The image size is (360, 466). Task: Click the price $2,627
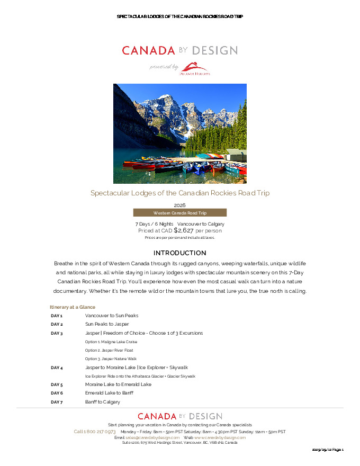(184, 230)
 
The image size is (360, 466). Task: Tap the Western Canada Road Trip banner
(179, 213)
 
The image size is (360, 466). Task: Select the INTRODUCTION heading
(179, 253)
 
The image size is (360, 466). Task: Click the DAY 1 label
(57, 316)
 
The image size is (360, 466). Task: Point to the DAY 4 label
(57, 368)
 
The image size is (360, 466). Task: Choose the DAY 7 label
(57, 402)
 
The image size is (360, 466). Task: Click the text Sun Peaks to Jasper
(107, 324)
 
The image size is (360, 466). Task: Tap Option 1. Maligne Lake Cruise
(111, 342)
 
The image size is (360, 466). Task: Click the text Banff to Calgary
(103, 402)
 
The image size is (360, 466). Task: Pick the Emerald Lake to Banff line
(109, 393)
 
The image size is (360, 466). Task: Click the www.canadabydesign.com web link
(220, 438)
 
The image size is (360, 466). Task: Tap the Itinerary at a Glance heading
(73, 307)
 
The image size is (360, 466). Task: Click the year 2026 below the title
(179, 205)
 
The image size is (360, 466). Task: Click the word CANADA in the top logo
(148, 51)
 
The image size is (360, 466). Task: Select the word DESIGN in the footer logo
(204, 417)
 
